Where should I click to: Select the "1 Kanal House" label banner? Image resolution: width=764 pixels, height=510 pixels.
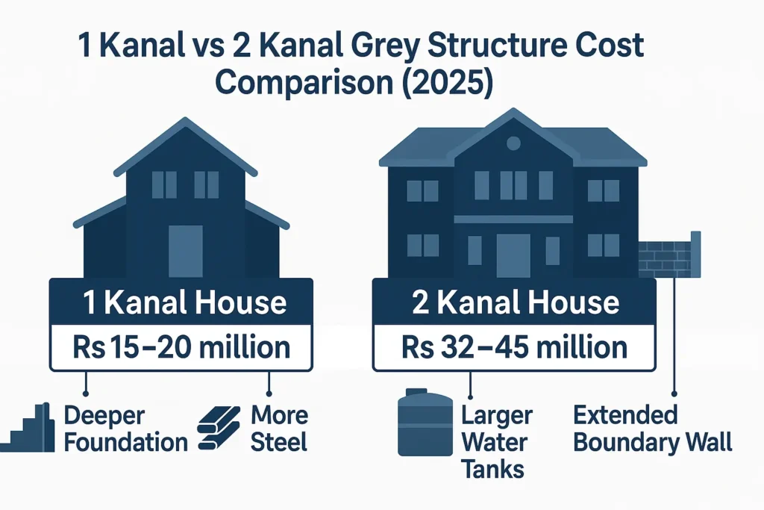181,303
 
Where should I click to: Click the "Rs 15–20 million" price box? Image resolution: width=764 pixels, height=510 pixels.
181,347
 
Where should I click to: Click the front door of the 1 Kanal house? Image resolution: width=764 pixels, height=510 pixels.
185,251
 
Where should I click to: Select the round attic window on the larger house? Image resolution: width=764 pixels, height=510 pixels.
513,143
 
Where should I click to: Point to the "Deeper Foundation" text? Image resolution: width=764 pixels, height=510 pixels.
125,429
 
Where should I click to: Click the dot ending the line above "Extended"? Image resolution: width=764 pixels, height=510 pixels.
674,391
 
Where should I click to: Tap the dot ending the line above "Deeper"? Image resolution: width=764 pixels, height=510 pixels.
87,391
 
